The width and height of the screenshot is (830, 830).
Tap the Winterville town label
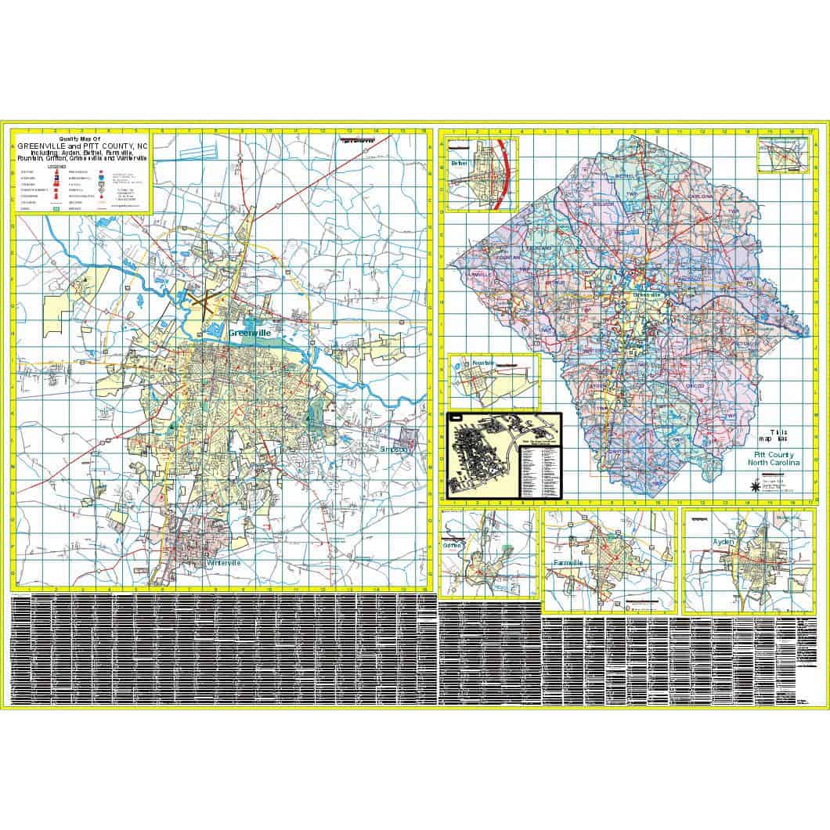coord(226,563)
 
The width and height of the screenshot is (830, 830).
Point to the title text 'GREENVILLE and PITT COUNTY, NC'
coord(81,146)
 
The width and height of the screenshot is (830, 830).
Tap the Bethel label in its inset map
coord(458,164)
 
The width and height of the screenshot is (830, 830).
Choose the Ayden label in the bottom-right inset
coord(720,541)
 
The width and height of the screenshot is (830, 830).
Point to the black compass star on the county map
coord(753,486)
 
